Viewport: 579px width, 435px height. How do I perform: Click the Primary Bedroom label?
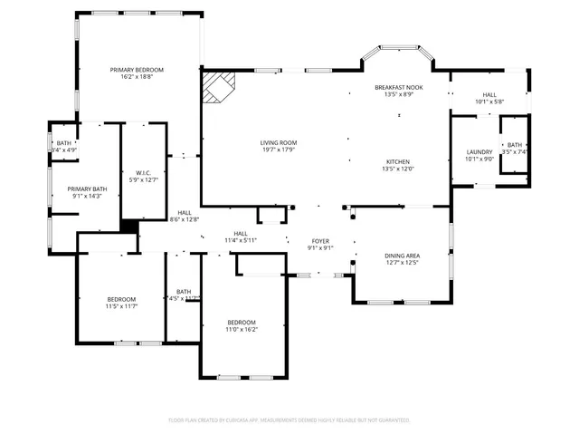137,70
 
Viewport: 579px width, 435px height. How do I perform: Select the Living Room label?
279,142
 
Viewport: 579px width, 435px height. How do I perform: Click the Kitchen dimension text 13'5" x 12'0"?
399,169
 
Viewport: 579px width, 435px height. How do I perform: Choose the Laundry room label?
479,151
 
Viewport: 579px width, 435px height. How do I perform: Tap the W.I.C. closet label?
143,172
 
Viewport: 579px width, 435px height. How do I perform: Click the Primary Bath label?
87,188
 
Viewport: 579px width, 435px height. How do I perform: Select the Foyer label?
321,240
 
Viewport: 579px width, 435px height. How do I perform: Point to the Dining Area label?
402,256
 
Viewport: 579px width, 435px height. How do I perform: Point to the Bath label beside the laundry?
514,145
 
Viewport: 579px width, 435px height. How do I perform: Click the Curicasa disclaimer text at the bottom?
289,420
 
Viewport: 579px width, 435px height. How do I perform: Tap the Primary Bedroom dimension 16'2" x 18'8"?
137,78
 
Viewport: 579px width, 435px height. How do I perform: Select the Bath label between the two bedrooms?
184,291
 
